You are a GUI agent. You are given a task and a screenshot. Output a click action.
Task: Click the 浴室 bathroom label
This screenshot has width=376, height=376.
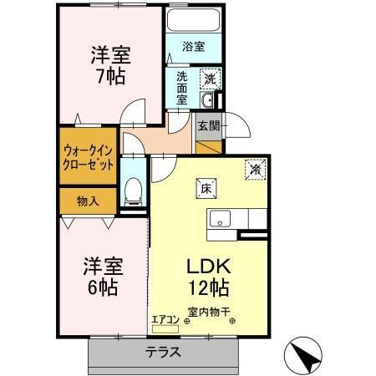click(x=193, y=47)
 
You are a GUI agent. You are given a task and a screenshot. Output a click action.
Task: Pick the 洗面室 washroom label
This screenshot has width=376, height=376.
click(x=181, y=86)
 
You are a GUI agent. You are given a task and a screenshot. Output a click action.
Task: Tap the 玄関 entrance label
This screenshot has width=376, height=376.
click(x=207, y=126)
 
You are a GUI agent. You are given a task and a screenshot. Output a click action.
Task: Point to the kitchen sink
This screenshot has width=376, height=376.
click(x=221, y=221)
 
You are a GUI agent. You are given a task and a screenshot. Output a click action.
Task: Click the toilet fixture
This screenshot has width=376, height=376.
click(x=132, y=191)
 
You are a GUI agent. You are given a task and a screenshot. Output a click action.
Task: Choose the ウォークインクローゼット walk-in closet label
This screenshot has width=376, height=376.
click(x=88, y=158)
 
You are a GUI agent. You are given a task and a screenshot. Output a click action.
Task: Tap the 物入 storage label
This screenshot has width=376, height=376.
click(x=88, y=201)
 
